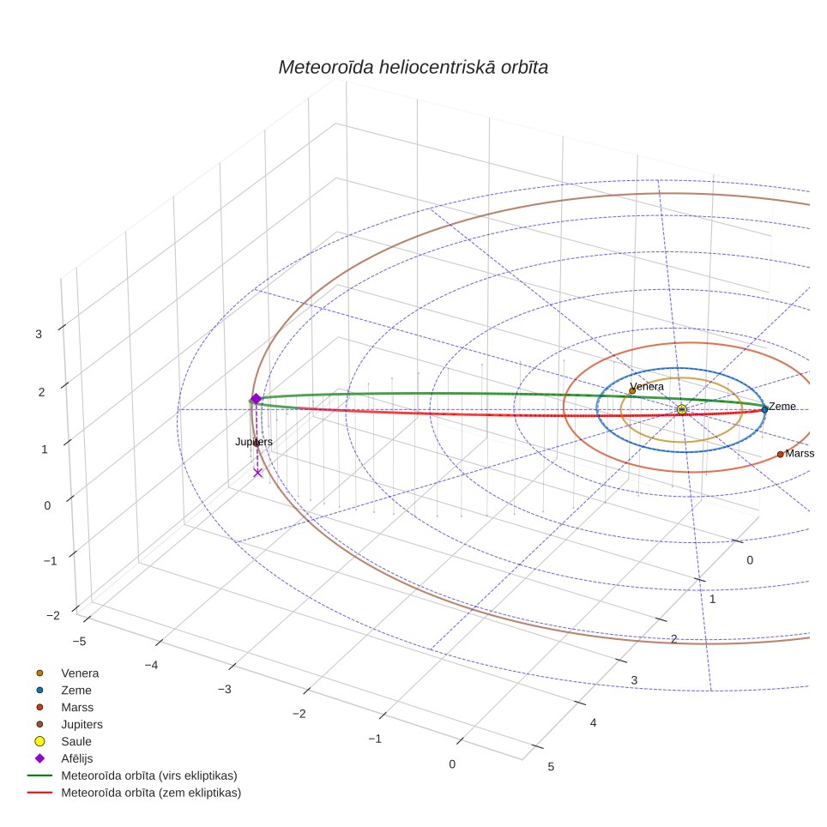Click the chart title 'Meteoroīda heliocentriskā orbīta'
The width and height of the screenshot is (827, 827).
tap(413, 67)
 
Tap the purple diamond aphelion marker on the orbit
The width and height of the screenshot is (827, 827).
tap(256, 399)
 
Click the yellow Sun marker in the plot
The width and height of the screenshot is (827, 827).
tap(681, 409)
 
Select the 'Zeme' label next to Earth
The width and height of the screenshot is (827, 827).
tap(782, 406)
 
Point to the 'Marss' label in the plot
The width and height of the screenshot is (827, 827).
tap(800, 453)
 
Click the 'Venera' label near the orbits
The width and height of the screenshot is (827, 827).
tap(647, 386)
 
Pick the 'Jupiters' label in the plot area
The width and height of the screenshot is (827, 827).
tap(254, 442)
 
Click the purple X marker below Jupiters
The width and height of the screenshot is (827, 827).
tap(258, 473)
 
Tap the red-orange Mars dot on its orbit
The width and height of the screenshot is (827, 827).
tap(780, 454)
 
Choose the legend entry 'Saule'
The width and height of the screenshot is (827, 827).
tap(76, 741)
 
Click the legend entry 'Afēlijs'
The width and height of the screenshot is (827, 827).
tap(77, 758)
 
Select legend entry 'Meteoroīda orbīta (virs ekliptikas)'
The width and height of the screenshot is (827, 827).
tap(149, 776)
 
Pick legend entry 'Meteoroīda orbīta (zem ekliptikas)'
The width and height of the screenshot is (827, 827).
tap(151, 792)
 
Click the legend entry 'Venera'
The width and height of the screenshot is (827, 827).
tap(80, 673)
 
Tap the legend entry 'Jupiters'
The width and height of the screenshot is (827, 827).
tap(81, 724)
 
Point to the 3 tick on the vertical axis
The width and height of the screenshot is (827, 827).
tap(39, 334)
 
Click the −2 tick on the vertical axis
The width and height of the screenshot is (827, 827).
tap(52, 615)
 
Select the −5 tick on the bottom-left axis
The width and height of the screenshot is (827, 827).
tap(79, 641)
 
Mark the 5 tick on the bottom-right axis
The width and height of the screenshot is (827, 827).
tap(551, 766)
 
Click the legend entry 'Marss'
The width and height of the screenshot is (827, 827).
tap(77, 707)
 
